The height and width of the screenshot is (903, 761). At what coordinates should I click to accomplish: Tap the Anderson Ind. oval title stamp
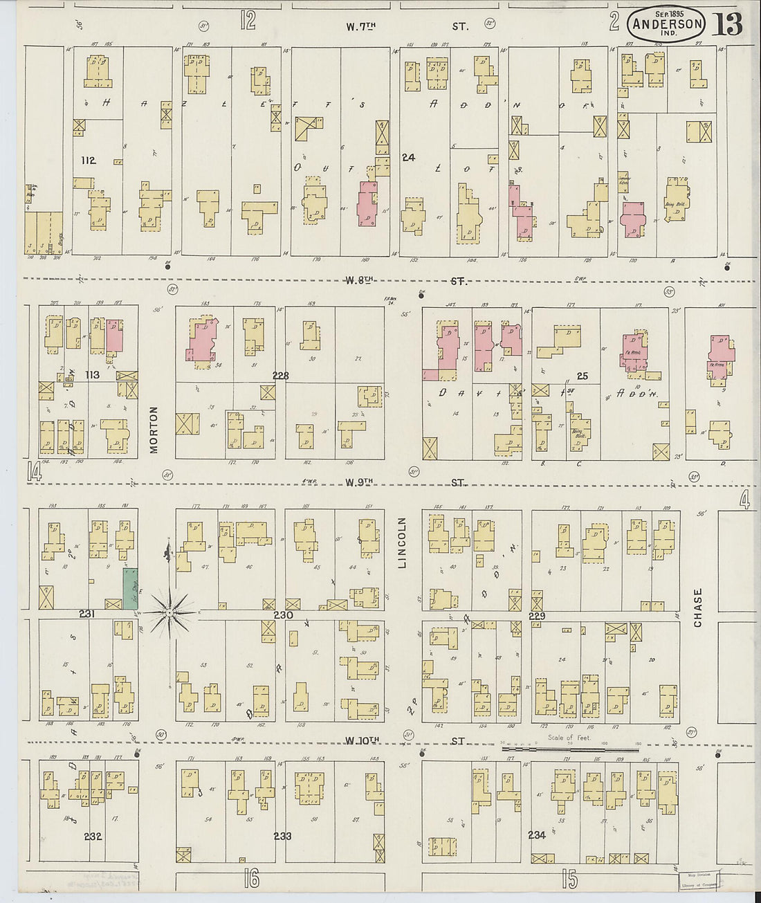point(667,24)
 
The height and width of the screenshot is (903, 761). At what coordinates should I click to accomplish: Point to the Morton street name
point(154,430)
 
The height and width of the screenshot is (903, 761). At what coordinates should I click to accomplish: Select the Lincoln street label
point(403,543)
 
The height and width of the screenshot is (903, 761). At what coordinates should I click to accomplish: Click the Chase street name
point(697,608)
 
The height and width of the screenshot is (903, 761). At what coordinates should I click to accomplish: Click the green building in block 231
point(130,588)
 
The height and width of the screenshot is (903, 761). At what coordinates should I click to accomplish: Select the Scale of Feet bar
point(569,748)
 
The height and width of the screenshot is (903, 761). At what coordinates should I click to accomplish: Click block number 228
point(280,376)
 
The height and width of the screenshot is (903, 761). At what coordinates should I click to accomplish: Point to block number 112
point(88,161)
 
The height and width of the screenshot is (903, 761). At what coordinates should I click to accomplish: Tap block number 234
point(537,835)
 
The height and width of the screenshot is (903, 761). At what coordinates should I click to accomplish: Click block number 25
point(583,376)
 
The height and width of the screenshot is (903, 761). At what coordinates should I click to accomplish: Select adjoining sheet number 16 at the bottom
point(251,879)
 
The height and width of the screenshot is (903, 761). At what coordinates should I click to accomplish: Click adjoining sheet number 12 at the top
point(248,21)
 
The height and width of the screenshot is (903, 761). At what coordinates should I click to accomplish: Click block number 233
point(282,836)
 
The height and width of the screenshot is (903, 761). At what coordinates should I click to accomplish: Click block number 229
point(537,616)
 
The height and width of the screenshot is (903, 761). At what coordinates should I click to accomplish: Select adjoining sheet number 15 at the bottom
point(569,879)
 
